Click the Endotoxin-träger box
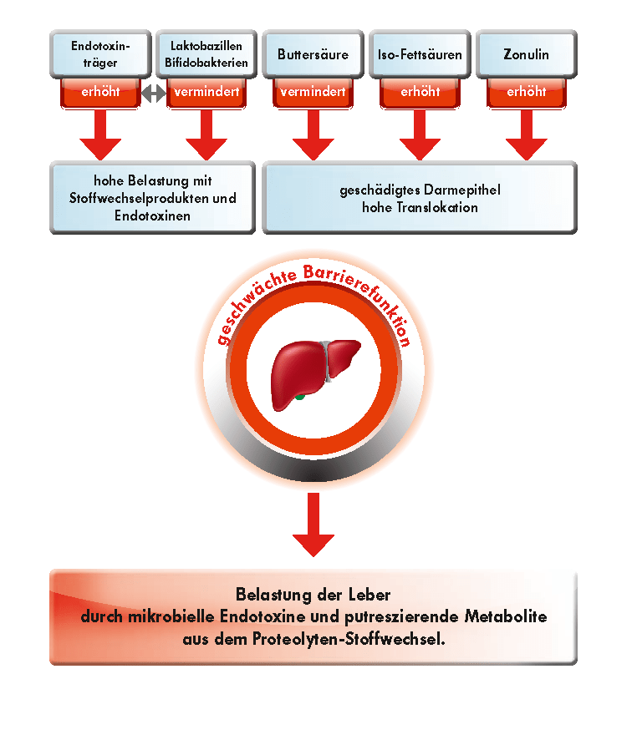pyautogui.click(x=100, y=53)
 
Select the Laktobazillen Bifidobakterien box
pyautogui.click(x=206, y=53)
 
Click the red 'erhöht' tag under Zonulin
pyautogui.click(x=527, y=92)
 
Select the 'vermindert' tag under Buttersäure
pyautogui.click(x=313, y=92)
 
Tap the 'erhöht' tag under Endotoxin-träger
pyautogui.click(x=100, y=92)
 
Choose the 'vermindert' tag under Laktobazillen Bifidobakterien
pyautogui.click(x=206, y=92)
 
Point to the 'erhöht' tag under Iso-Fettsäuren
pyautogui.click(x=420, y=92)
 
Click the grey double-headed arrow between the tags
pyautogui.click(x=153, y=93)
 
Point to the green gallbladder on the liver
pyautogui.click(x=299, y=396)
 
